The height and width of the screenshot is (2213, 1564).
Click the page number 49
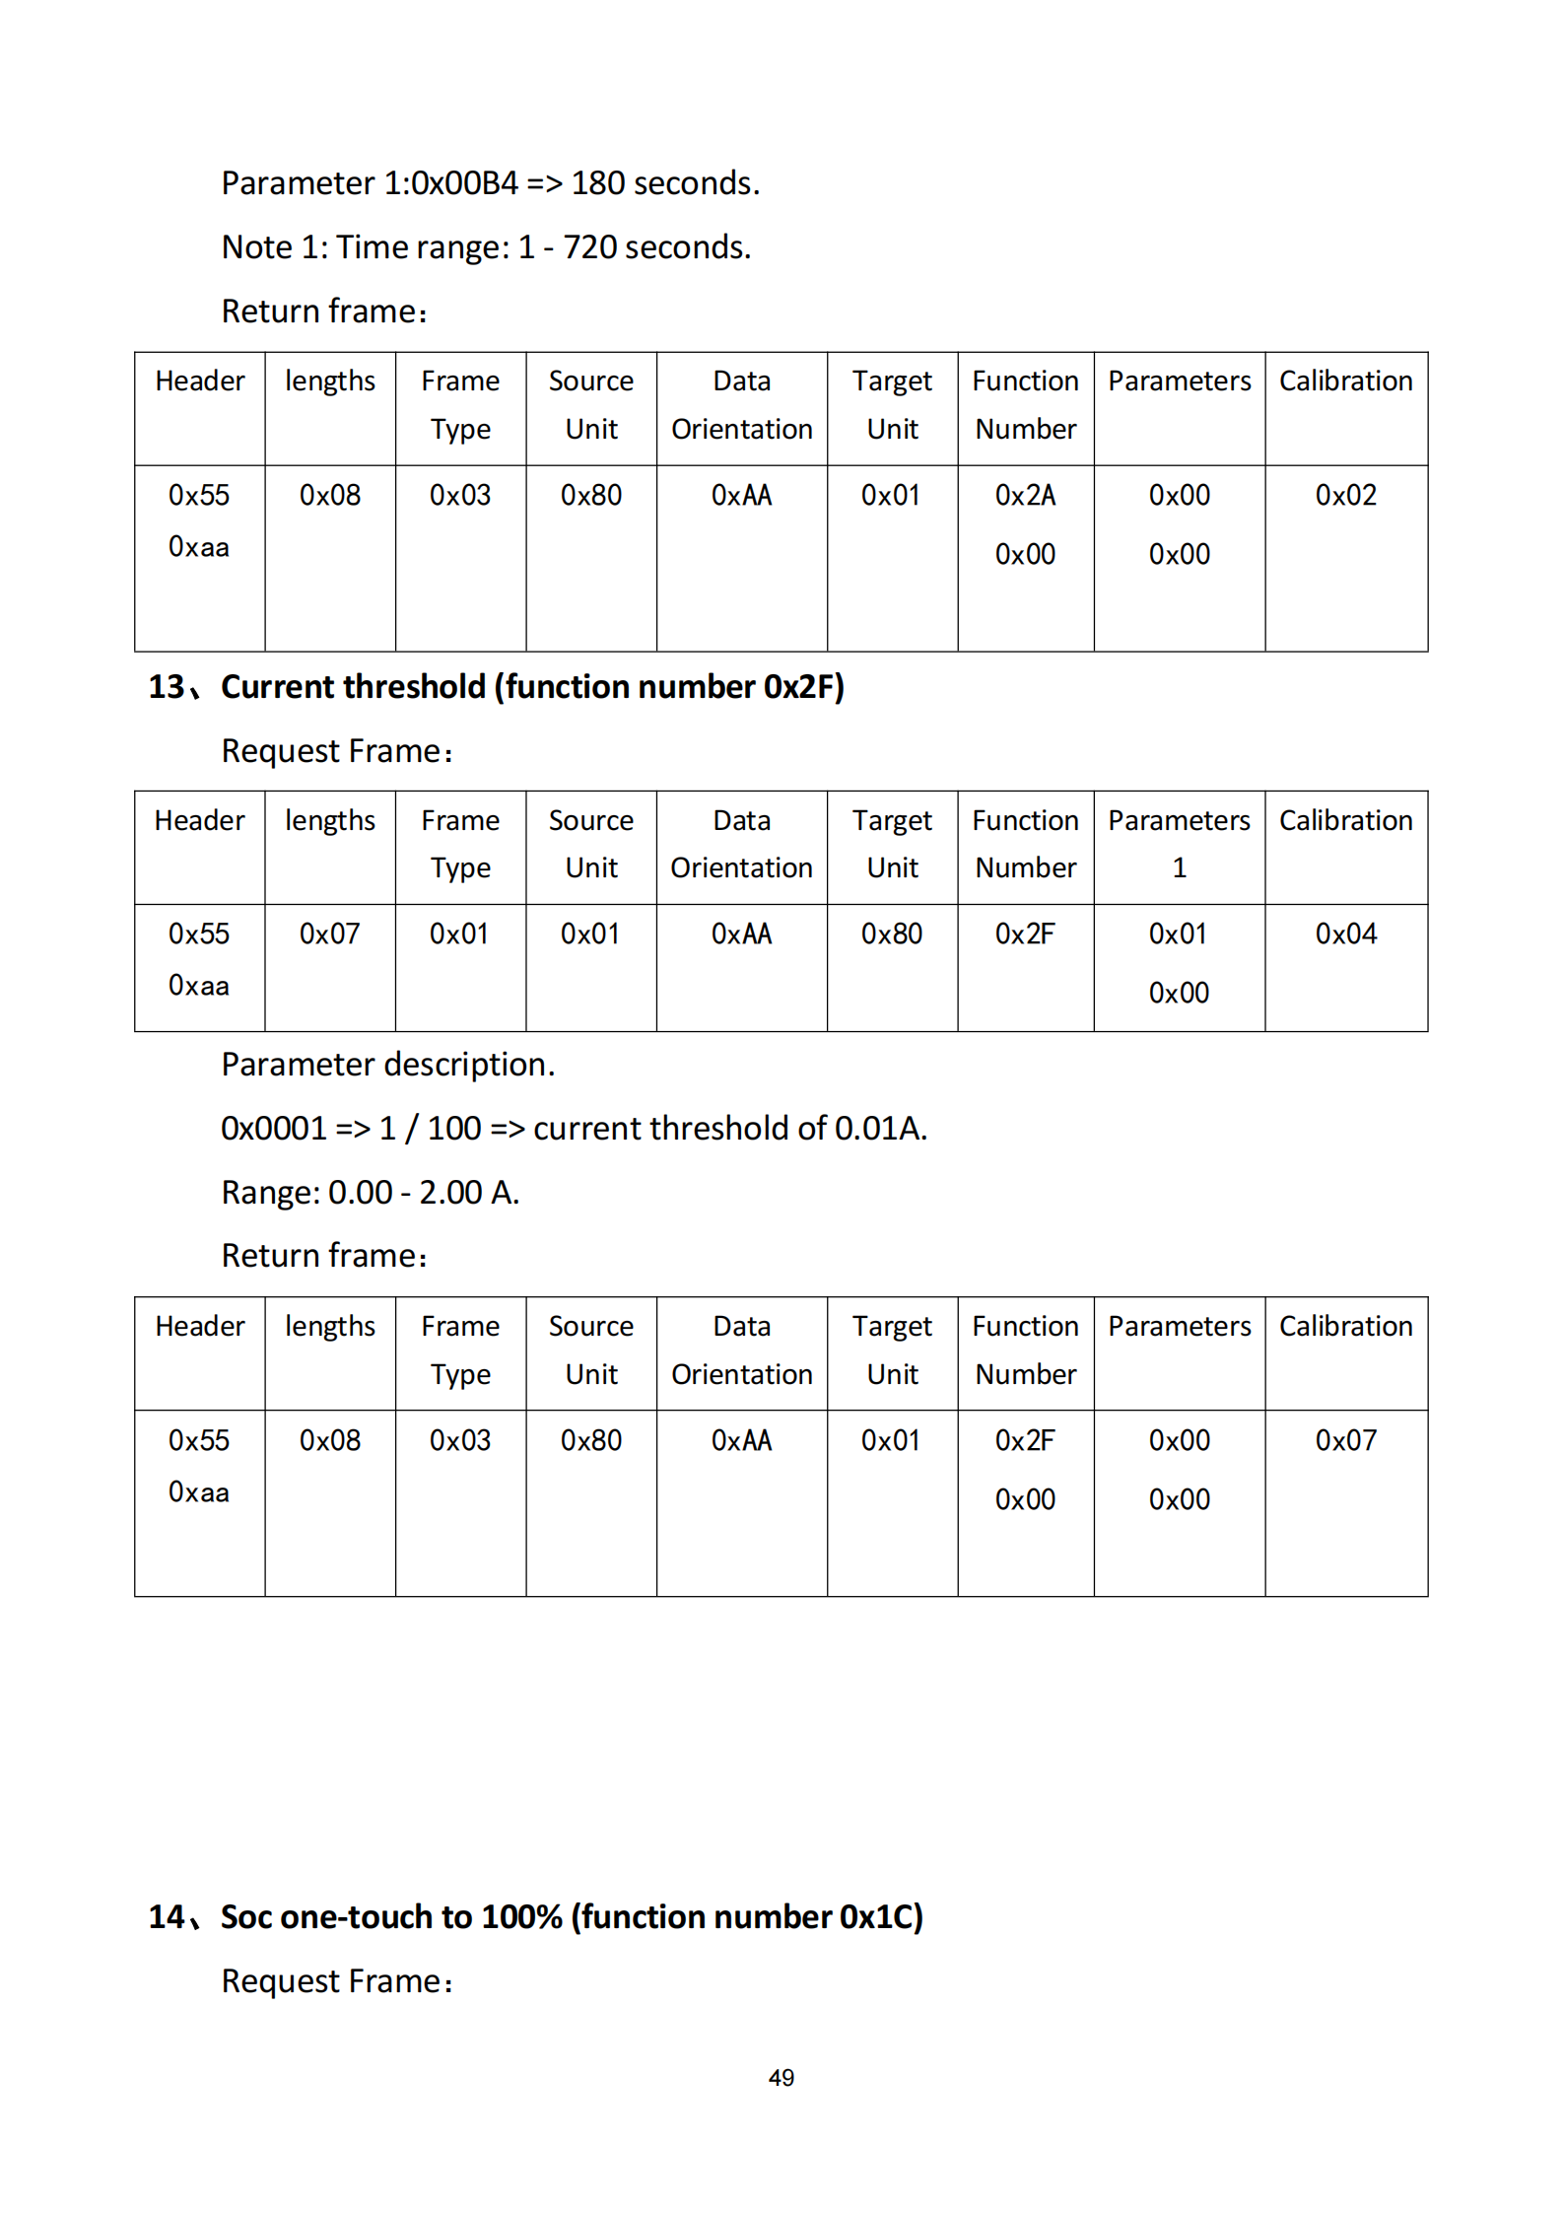[781, 2077]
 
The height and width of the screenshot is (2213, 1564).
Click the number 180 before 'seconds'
[598, 183]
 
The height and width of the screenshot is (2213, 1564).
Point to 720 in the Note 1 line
[589, 247]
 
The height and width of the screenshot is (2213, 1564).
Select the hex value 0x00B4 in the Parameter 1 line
[463, 183]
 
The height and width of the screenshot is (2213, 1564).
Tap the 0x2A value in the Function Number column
[1025, 495]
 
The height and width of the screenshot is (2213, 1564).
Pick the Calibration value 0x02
[1345, 495]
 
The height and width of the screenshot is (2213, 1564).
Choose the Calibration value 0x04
[1345, 934]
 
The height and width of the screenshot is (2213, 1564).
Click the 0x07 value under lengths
[329, 934]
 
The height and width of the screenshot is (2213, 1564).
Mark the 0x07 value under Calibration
[1345, 1440]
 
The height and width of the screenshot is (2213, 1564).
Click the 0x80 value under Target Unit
[891, 934]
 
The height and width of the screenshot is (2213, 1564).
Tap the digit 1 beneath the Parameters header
[1179, 867]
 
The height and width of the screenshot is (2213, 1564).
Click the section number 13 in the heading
[167, 687]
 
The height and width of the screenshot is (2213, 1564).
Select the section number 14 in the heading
[167, 1917]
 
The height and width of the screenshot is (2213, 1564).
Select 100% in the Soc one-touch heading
[521, 1917]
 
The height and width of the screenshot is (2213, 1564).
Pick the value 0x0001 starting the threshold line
[273, 1129]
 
